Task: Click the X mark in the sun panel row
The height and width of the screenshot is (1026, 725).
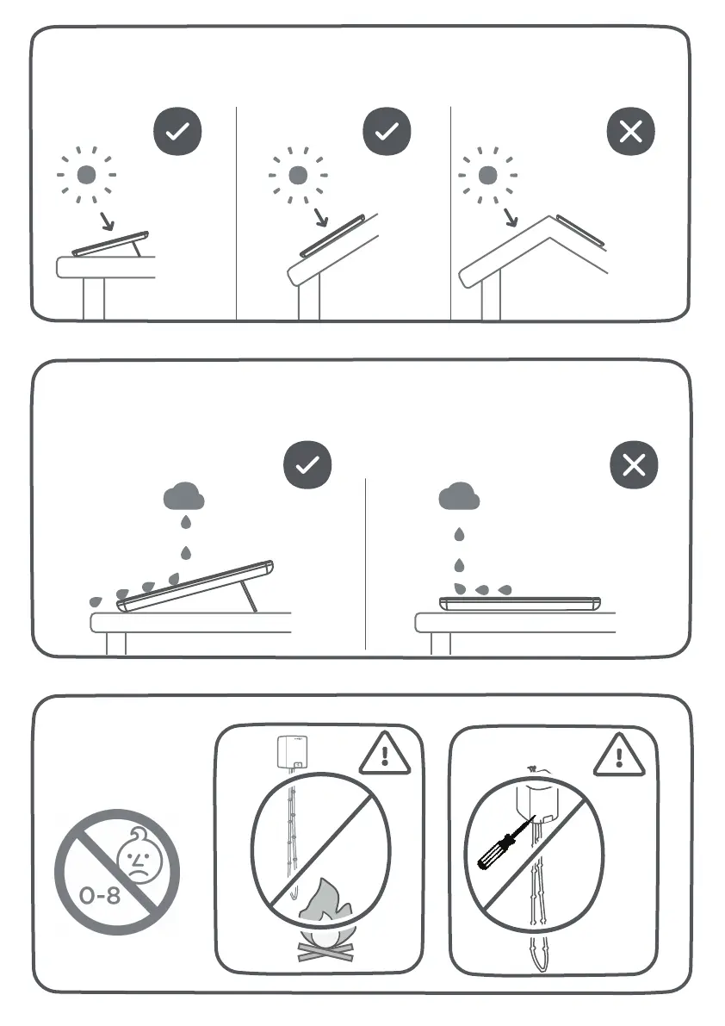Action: pyautogui.click(x=631, y=132)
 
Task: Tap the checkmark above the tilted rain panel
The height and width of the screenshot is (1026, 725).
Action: pyautogui.click(x=307, y=465)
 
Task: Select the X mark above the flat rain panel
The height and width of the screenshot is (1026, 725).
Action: pyautogui.click(x=634, y=465)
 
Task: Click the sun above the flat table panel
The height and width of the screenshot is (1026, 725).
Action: pyautogui.click(x=86, y=175)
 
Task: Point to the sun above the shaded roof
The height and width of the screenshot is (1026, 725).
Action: pyautogui.click(x=487, y=175)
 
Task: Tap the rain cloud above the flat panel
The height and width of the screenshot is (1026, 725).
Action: pyautogui.click(x=459, y=497)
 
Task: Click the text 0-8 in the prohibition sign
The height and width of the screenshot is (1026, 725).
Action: pyautogui.click(x=100, y=895)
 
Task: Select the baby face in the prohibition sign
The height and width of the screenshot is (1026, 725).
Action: pyautogui.click(x=139, y=856)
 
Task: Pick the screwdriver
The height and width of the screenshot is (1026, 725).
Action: pyautogui.click(x=508, y=841)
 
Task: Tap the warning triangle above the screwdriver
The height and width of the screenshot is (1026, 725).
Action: pyautogui.click(x=619, y=756)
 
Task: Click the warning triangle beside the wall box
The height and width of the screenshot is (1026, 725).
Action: pyautogui.click(x=384, y=756)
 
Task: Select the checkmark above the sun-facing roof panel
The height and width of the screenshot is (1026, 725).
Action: pyautogui.click(x=387, y=132)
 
